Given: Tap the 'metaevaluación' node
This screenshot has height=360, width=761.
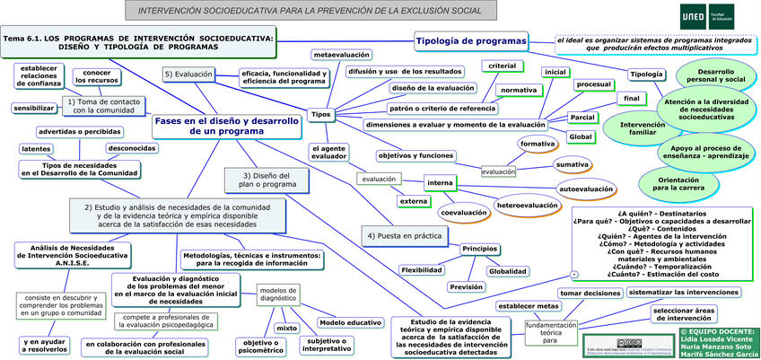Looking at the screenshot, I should click(x=342, y=55).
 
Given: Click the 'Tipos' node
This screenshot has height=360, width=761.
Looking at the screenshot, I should click(x=320, y=114).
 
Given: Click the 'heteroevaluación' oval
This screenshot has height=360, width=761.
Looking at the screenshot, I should click(x=528, y=206).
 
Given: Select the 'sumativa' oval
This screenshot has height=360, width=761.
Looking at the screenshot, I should click(x=572, y=164).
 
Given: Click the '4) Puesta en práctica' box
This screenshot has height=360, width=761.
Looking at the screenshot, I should click(x=404, y=235).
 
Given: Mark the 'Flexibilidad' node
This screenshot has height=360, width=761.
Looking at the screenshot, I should click(x=422, y=269).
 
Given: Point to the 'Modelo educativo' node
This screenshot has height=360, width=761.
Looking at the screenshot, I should click(x=351, y=322).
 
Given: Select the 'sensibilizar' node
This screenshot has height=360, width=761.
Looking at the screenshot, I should click(x=34, y=108).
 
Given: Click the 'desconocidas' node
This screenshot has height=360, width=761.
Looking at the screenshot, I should click(x=132, y=148).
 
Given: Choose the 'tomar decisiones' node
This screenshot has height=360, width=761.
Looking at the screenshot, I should click(x=590, y=293).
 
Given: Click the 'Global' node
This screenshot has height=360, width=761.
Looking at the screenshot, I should click(x=582, y=136).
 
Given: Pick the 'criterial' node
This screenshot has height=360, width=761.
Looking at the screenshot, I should click(x=503, y=66).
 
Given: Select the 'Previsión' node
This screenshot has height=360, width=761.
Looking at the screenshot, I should click(x=467, y=286).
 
